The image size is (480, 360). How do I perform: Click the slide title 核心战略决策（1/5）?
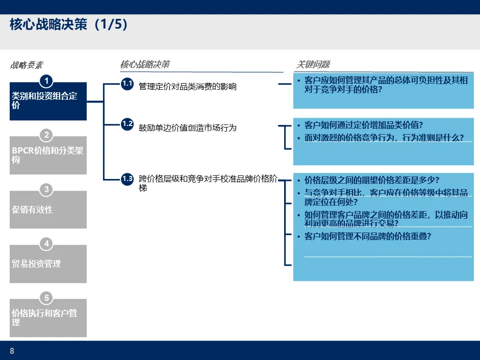[x=68, y=25]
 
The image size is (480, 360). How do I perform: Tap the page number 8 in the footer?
[x=12, y=351]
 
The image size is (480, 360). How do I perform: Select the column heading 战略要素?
[x=27, y=65]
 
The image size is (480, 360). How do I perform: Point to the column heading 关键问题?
[x=313, y=64]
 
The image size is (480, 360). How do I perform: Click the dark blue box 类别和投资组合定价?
[x=48, y=101]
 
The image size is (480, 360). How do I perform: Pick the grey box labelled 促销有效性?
[x=48, y=210]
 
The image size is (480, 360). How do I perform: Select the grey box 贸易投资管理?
[x=48, y=264]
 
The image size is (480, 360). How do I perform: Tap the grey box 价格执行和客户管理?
[x=48, y=318]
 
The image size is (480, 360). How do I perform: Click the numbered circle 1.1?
[x=127, y=84]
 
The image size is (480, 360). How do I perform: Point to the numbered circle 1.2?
[x=127, y=124]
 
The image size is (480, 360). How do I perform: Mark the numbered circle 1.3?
[x=127, y=179]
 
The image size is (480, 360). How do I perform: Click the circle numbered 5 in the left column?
[x=47, y=298]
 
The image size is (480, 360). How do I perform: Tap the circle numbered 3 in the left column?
[x=47, y=190]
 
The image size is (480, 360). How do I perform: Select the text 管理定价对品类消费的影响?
[x=188, y=87]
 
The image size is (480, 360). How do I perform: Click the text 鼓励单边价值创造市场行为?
[x=188, y=127]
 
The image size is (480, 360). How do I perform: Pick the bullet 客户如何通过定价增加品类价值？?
[x=363, y=125]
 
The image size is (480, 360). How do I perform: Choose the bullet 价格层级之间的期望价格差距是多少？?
[x=372, y=180]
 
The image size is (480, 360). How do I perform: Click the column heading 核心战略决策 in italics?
[x=145, y=64]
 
